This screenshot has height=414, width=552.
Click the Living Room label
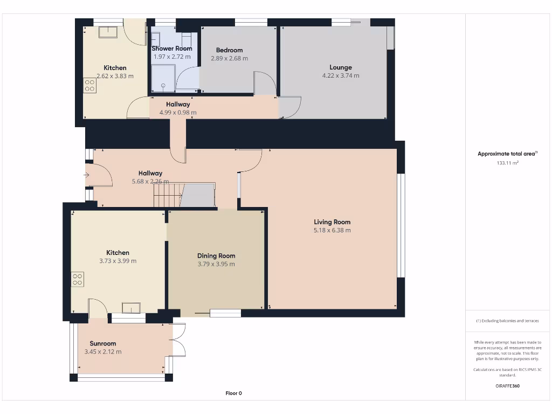point(332,222)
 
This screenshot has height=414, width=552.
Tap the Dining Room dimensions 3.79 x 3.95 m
point(216,264)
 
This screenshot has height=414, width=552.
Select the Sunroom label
point(103,343)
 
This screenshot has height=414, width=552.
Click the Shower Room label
point(172,49)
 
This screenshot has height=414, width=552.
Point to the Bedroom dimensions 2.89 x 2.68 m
point(230,58)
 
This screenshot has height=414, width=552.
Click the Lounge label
point(341,67)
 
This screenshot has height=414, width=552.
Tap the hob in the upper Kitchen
point(89,86)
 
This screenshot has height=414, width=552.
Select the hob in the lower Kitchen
point(78,280)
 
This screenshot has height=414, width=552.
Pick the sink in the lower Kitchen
point(132,308)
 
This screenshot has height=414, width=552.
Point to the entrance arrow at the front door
point(87,175)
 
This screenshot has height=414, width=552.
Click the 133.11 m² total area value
point(507,163)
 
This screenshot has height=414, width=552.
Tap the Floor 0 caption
point(234,393)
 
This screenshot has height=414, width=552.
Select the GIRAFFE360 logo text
point(507,386)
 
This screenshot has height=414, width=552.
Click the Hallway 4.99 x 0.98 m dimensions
point(178,113)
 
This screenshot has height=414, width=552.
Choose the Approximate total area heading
point(507,154)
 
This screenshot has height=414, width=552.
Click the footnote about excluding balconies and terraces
point(507,321)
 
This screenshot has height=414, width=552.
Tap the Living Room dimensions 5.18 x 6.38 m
point(332,230)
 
